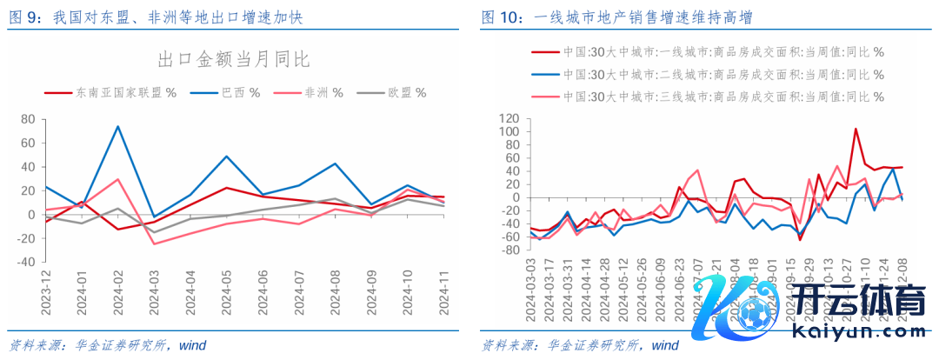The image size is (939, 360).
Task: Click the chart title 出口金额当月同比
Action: tap(232, 59)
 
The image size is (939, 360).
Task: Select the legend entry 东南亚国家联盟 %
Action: tap(113, 91)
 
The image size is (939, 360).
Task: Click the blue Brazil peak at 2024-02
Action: tap(117, 126)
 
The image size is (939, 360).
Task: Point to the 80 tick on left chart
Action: tap(27, 119)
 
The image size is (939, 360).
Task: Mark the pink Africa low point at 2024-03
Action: tap(154, 243)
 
